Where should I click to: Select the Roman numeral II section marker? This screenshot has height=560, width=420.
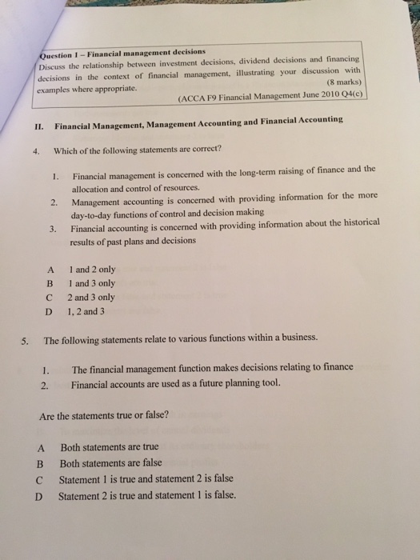pyautogui.click(x=38, y=125)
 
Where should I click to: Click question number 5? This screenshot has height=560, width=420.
pyautogui.click(x=26, y=338)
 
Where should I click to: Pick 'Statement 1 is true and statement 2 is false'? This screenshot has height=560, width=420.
pyautogui.click(x=146, y=478)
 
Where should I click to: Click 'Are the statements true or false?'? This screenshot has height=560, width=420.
pyautogui.click(x=104, y=416)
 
